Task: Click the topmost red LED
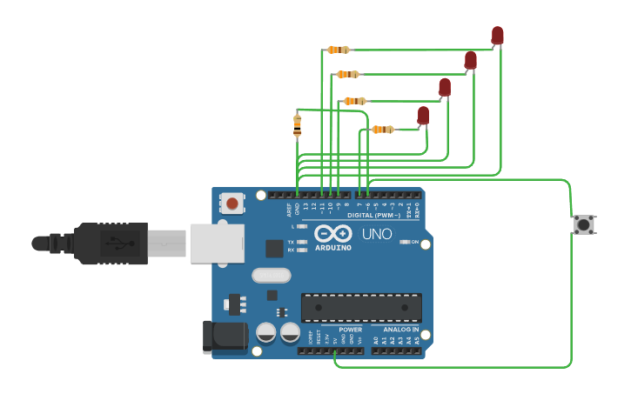[x=497, y=35]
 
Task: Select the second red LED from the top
[x=471, y=60]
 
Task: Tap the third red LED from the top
[x=445, y=87]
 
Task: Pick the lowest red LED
[x=423, y=115]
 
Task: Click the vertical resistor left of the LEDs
[x=298, y=125]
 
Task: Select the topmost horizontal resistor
[x=338, y=50]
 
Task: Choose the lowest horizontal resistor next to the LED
[x=382, y=130]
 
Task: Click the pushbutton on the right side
[x=584, y=224]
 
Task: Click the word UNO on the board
[x=376, y=234]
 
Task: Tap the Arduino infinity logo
[x=333, y=233]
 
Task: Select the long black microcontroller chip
[x=361, y=307]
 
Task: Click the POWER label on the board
[x=350, y=330]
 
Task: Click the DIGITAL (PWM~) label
[x=373, y=214]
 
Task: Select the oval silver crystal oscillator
[x=272, y=276]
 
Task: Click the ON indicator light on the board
[x=404, y=242]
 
